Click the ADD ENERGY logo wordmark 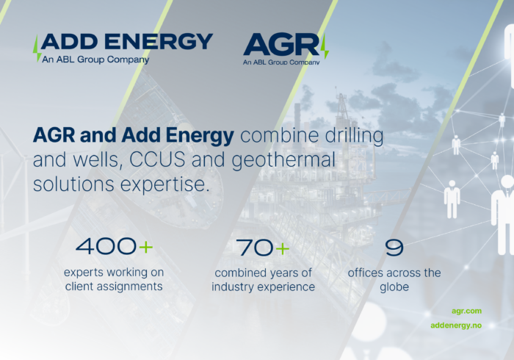pyautogui.click(x=127, y=41)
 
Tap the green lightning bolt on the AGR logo pyautogui.click(x=324, y=46)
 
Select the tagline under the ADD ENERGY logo pyautogui.click(x=95, y=60)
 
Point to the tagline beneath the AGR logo pyautogui.click(x=281, y=62)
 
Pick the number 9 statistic pyautogui.click(x=394, y=248)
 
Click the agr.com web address pyautogui.click(x=467, y=311)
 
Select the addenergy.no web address pyautogui.click(x=456, y=325)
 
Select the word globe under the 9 pyautogui.click(x=394, y=287)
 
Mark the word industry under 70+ pyautogui.click(x=236, y=287)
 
